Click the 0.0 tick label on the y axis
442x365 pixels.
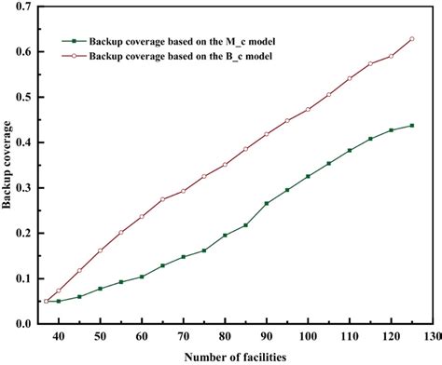coord(22,324)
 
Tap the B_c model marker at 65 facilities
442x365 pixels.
coord(162,199)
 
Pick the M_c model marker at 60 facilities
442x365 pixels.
coord(142,277)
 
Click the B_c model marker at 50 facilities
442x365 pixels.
coord(100,250)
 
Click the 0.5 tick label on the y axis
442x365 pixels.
coord(22,97)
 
